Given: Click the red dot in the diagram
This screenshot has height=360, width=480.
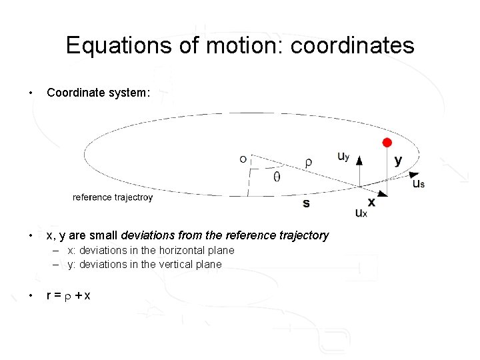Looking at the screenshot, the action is point(387,143).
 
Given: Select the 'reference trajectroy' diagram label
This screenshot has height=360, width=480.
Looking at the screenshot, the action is point(113,197).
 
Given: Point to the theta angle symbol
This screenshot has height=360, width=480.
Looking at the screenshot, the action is point(277,177).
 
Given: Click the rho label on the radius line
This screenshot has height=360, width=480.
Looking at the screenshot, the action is point(308,162).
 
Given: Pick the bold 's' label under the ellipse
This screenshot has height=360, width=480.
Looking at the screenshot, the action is point(306,203).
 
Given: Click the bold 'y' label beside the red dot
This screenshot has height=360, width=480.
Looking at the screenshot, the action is point(398,161).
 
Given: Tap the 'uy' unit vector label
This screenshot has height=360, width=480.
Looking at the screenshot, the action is point(343,157).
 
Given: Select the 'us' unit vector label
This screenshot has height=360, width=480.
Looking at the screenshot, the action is point(419,183).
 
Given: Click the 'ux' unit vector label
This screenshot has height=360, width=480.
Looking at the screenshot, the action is point(361,213).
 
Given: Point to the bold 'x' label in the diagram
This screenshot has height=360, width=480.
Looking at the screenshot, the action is point(371,202).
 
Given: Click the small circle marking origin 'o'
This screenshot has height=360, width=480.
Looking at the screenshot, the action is point(243,159).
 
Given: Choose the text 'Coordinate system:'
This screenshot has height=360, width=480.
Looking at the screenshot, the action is point(99,93).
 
